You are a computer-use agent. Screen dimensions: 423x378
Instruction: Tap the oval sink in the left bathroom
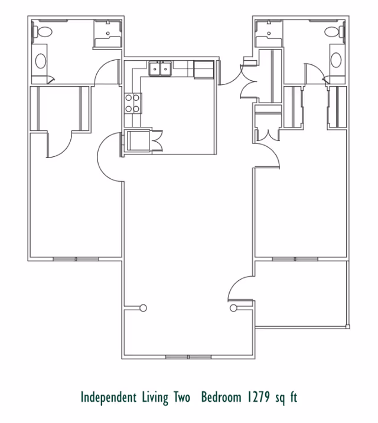coord(41,61)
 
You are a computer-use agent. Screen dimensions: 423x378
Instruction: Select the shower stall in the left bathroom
coord(108,34)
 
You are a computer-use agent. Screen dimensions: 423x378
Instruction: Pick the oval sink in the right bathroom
coord(336,60)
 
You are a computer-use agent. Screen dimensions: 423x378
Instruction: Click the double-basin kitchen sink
coord(159,69)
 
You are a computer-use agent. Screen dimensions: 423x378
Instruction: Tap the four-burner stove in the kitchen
coord(132,103)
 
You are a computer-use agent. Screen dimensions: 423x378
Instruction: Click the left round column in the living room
coord(144,307)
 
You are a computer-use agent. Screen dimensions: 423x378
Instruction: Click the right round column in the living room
coord(233,307)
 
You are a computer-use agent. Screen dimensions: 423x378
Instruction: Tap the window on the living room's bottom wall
coord(188,357)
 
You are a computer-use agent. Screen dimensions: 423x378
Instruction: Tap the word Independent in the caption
coord(109,398)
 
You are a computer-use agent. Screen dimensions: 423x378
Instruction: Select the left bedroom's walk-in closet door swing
coord(59,145)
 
